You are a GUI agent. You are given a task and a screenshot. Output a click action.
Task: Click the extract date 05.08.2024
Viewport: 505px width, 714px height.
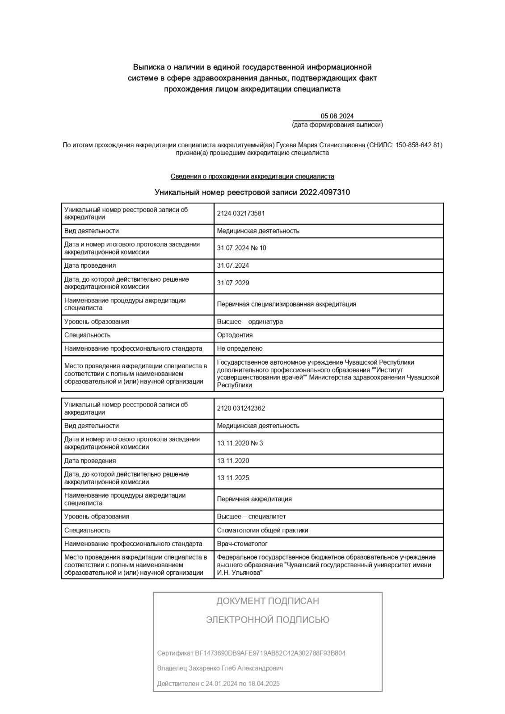[337, 116]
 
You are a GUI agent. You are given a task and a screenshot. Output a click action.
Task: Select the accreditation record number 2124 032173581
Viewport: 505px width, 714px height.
[240, 213]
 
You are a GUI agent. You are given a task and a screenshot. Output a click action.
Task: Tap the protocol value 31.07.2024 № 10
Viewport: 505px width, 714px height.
[241, 248]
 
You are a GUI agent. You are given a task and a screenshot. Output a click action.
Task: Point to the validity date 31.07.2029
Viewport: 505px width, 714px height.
[233, 283]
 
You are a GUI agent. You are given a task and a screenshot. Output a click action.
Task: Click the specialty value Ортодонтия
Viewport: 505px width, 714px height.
[235, 335]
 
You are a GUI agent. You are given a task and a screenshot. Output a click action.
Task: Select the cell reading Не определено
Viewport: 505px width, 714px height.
[240, 349]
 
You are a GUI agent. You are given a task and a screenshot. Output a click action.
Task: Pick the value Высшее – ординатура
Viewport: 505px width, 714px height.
[249, 322]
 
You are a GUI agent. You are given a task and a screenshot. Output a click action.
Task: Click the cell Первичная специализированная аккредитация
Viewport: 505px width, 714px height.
[286, 304]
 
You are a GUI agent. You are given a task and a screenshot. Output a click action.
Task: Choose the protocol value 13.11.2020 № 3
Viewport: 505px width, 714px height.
[240, 443]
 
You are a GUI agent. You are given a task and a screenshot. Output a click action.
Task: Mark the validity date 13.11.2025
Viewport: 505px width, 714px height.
[233, 478]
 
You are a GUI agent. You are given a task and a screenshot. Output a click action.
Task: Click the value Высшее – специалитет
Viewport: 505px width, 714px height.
[251, 517]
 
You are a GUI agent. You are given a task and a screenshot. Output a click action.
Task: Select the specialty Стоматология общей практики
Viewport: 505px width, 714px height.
[262, 531]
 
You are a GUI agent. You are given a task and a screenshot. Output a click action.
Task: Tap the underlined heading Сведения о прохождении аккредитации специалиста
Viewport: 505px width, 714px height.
[252, 177]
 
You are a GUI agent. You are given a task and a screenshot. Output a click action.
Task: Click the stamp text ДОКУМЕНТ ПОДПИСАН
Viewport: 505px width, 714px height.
[267, 601]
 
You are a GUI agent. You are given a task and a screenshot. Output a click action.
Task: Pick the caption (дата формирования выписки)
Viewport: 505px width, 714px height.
[337, 125]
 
